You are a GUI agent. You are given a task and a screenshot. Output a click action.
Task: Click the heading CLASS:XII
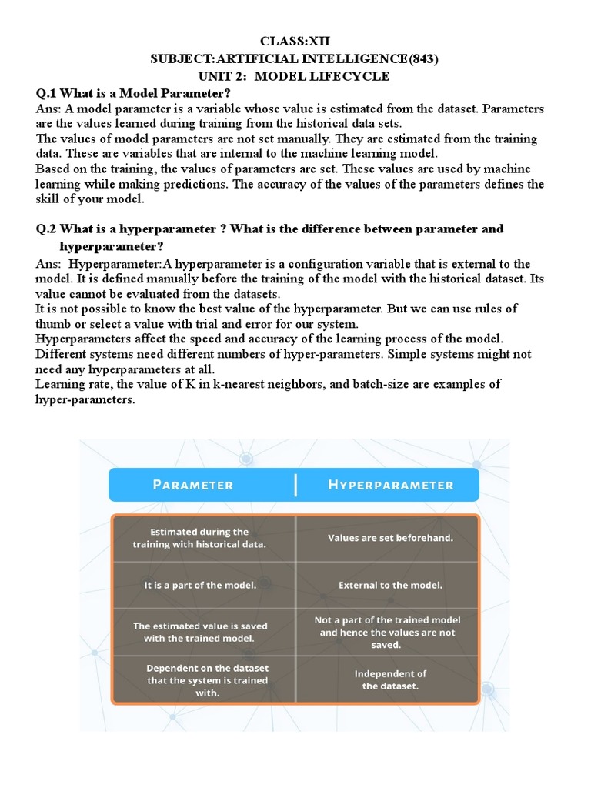pyautogui.click(x=295, y=41)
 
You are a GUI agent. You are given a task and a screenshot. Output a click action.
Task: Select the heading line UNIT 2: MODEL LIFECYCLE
pyautogui.click(x=295, y=76)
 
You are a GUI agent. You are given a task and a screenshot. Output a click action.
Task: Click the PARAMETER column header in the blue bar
pyautogui.click(x=192, y=485)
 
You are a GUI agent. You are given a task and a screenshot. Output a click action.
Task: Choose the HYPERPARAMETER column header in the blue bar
pyautogui.click(x=390, y=485)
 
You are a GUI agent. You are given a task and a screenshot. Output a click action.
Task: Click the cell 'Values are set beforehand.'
pyautogui.click(x=390, y=538)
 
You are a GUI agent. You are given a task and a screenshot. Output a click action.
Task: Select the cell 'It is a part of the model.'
pyautogui.click(x=199, y=585)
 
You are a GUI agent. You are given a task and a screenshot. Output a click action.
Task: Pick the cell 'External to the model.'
pyautogui.click(x=390, y=585)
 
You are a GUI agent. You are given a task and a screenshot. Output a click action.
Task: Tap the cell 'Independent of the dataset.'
pyautogui.click(x=390, y=679)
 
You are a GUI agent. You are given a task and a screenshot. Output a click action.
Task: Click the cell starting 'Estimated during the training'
pyautogui.click(x=199, y=538)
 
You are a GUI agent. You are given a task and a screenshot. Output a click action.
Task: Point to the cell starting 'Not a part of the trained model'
pyautogui.click(x=387, y=632)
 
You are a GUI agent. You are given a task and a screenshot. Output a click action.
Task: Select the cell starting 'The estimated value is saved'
pyautogui.click(x=199, y=632)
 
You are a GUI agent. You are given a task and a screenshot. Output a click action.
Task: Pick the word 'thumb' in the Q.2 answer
pyautogui.click(x=54, y=323)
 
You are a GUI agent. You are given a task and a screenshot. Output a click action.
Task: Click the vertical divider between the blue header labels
pyautogui.click(x=295, y=485)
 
